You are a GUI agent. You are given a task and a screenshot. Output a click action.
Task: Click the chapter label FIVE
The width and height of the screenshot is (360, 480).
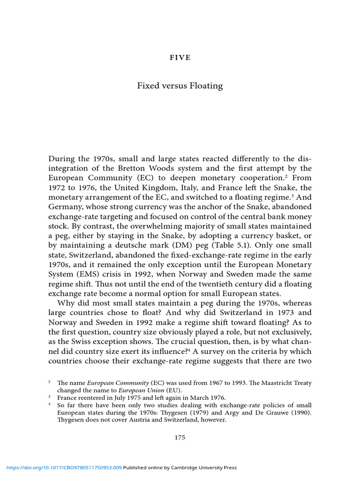pos(180,58)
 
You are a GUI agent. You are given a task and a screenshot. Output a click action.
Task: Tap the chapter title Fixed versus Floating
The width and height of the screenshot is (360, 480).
pos(180,86)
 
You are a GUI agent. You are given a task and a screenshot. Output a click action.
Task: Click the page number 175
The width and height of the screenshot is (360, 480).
pos(180,438)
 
